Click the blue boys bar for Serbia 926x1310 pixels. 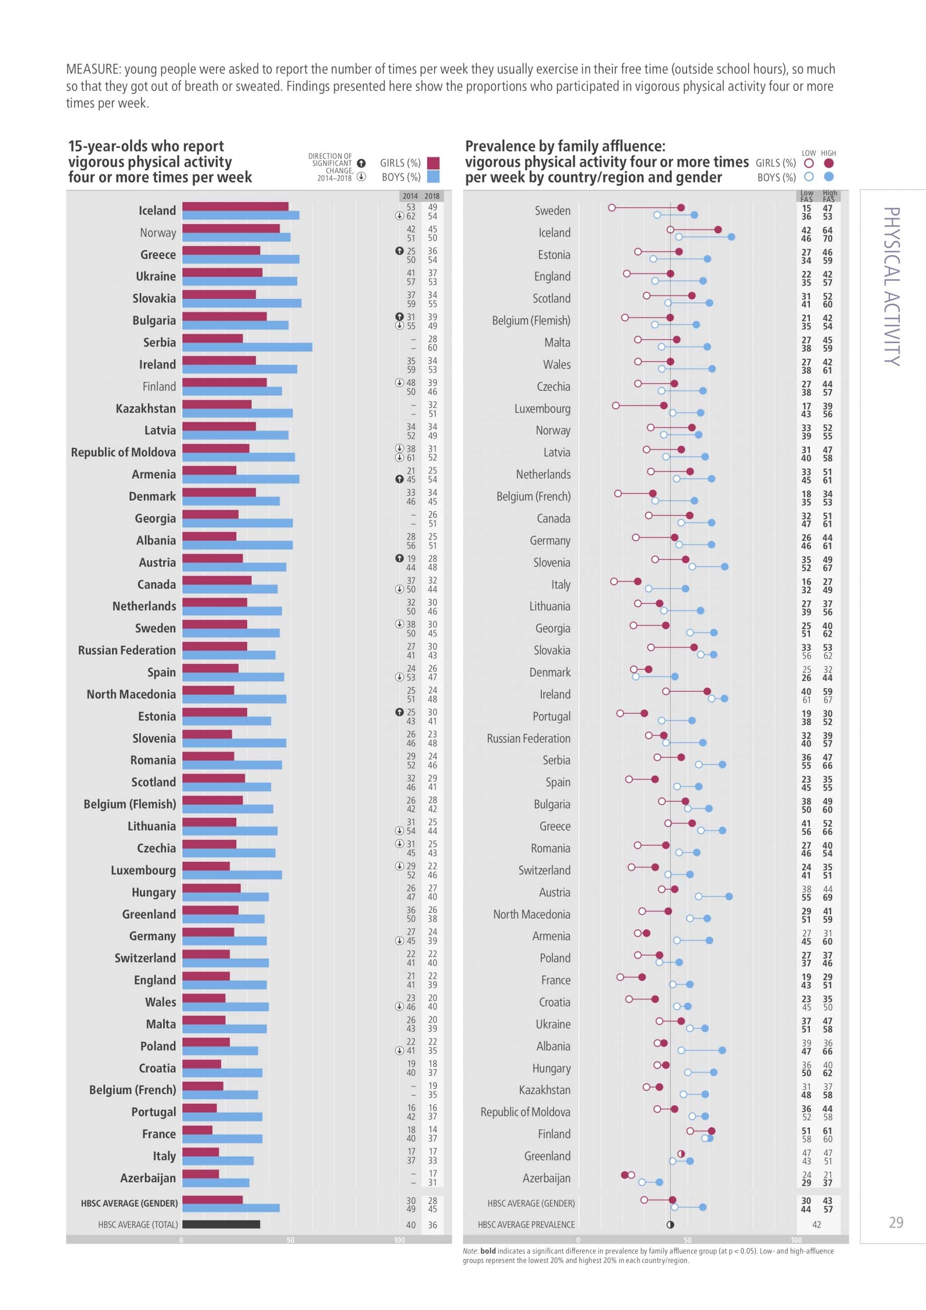click(247, 347)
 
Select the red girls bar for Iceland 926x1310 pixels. click(235, 207)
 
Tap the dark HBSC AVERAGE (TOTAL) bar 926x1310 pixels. click(221, 1224)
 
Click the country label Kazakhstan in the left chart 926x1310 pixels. click(145, 408)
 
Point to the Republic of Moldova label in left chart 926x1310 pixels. click(123, 452)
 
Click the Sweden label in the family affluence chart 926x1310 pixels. click(553, 210)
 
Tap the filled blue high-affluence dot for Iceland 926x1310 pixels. click(732, 237)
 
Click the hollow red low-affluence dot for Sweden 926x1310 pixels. click(612, 208)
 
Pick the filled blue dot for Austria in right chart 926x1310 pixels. click(729, 897)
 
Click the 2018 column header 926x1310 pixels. click(432, 195)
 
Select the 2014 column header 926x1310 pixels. click(410, 195)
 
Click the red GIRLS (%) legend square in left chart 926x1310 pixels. click(433, 163)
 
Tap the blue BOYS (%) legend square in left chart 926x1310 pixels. click(433, 177)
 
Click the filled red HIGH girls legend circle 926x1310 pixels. click(829, 163)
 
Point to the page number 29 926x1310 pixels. click(896, 1222)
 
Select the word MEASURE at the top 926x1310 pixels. click(92, 69)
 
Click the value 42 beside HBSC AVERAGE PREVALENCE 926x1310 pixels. click(817, 1225)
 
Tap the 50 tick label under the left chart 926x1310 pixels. click(291, 1240)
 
